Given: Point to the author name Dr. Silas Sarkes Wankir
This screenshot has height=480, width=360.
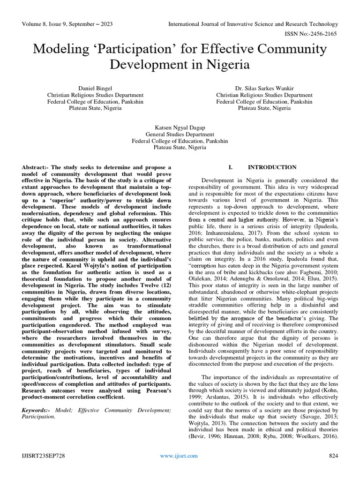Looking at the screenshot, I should click(x=264, y=88).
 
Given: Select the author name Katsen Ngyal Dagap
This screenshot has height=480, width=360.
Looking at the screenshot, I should click(x=180, y=127).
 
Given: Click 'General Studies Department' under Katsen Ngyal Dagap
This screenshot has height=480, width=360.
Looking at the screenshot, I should click(x=180, y=134).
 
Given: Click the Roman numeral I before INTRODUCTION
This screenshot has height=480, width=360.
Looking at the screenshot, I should click(x=230, y=167).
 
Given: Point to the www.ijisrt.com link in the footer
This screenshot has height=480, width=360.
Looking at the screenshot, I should click(x=179, y=456).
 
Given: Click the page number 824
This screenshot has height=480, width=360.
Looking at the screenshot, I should click(x=333, y=456).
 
